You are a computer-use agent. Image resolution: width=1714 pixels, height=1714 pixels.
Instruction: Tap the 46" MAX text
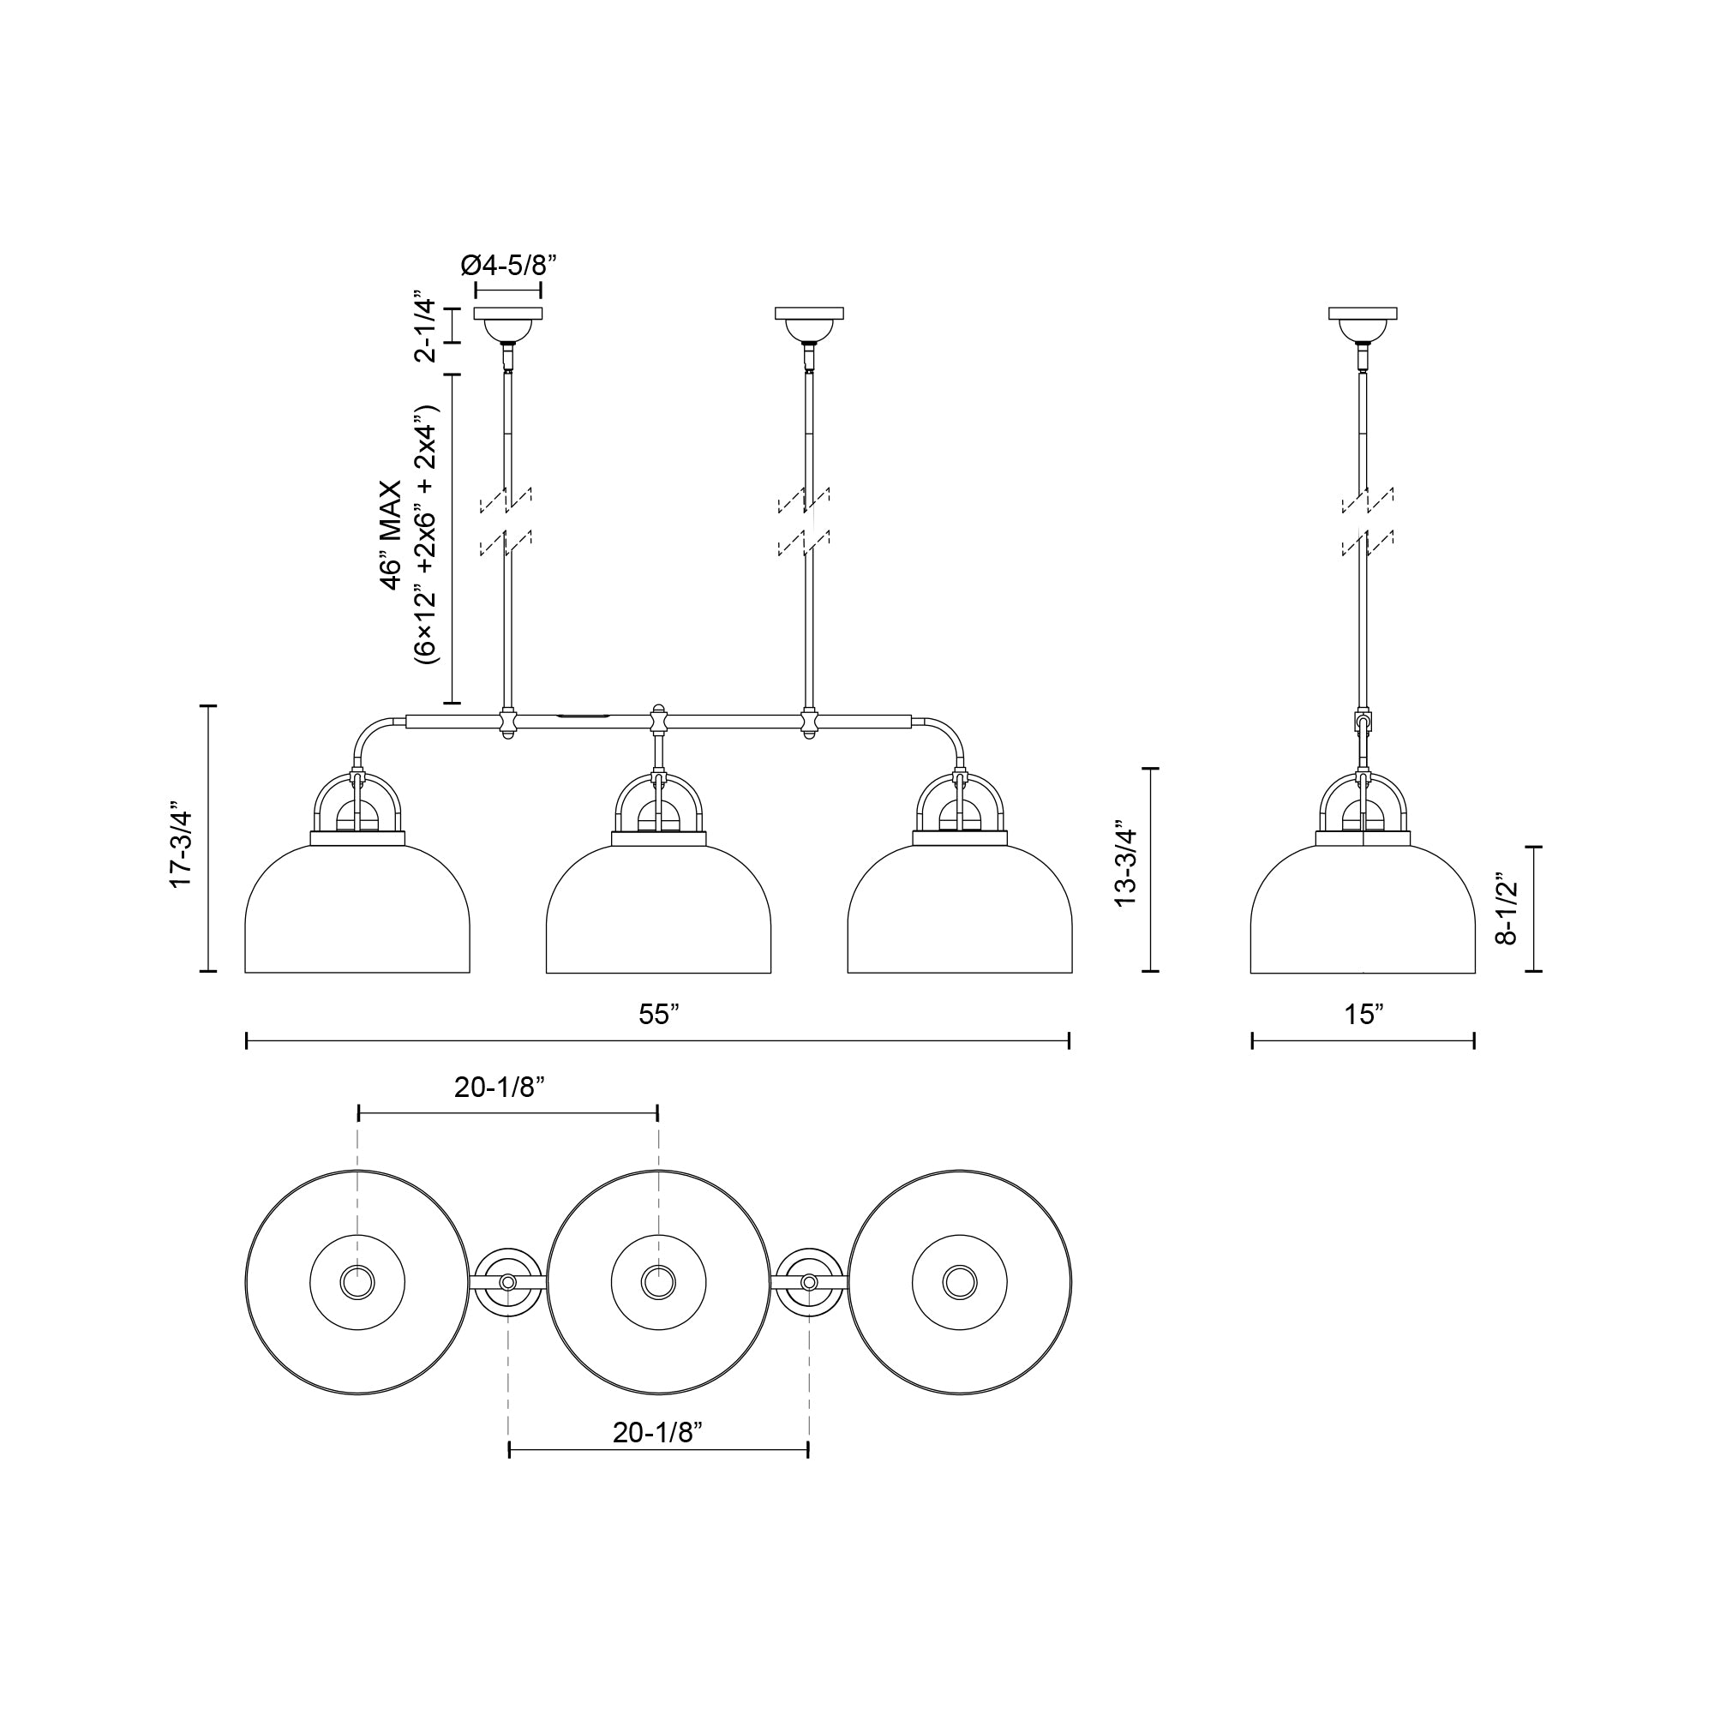tap(390, 536)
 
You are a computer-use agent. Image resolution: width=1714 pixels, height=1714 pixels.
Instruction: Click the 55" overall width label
tap(658, 1015)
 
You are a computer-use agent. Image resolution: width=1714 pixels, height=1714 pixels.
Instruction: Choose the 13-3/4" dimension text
tap(1125, 867)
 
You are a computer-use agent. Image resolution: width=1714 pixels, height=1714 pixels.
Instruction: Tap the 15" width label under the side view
tap(1363, 1015)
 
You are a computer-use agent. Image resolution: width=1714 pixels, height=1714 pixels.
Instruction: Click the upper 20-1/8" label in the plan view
tap(499, 1088)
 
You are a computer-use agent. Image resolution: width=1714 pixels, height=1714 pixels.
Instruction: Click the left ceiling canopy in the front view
tap(508, 326)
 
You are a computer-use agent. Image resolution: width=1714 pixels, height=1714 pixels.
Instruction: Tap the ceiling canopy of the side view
tap(1363, 326)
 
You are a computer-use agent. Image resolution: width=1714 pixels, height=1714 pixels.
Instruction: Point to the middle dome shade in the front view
tap(658, 914)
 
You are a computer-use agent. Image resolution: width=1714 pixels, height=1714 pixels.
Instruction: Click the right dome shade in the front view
tap(960, 914)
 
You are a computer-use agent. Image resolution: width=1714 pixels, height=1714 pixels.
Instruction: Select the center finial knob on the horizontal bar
tap(658, 710)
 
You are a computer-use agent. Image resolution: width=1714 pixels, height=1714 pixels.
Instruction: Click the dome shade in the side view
tap(1363, 914)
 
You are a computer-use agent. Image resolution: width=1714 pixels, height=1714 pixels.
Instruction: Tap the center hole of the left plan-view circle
tap(357, 1282)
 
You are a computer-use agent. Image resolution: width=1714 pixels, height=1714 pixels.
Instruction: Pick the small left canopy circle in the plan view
tap(507, 1283)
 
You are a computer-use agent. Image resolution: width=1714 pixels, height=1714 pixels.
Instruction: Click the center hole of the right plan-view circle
tap(960, 1282)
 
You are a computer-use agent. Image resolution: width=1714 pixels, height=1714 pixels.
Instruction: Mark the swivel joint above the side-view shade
tap(1363, 723)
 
